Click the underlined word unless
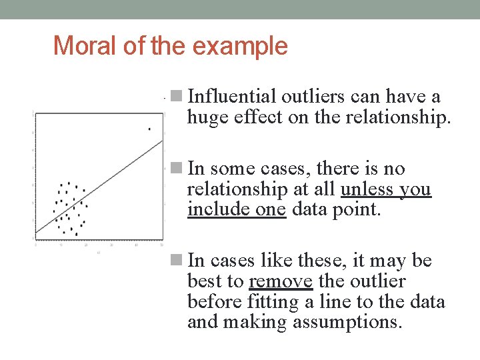coord(367,190)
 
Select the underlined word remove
coord(280,282)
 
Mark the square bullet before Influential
coord(176,96)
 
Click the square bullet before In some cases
coord(176,168)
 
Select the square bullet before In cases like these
coord(176,260)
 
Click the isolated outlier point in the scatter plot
coord(149,129)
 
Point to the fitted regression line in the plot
coord(100,187)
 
